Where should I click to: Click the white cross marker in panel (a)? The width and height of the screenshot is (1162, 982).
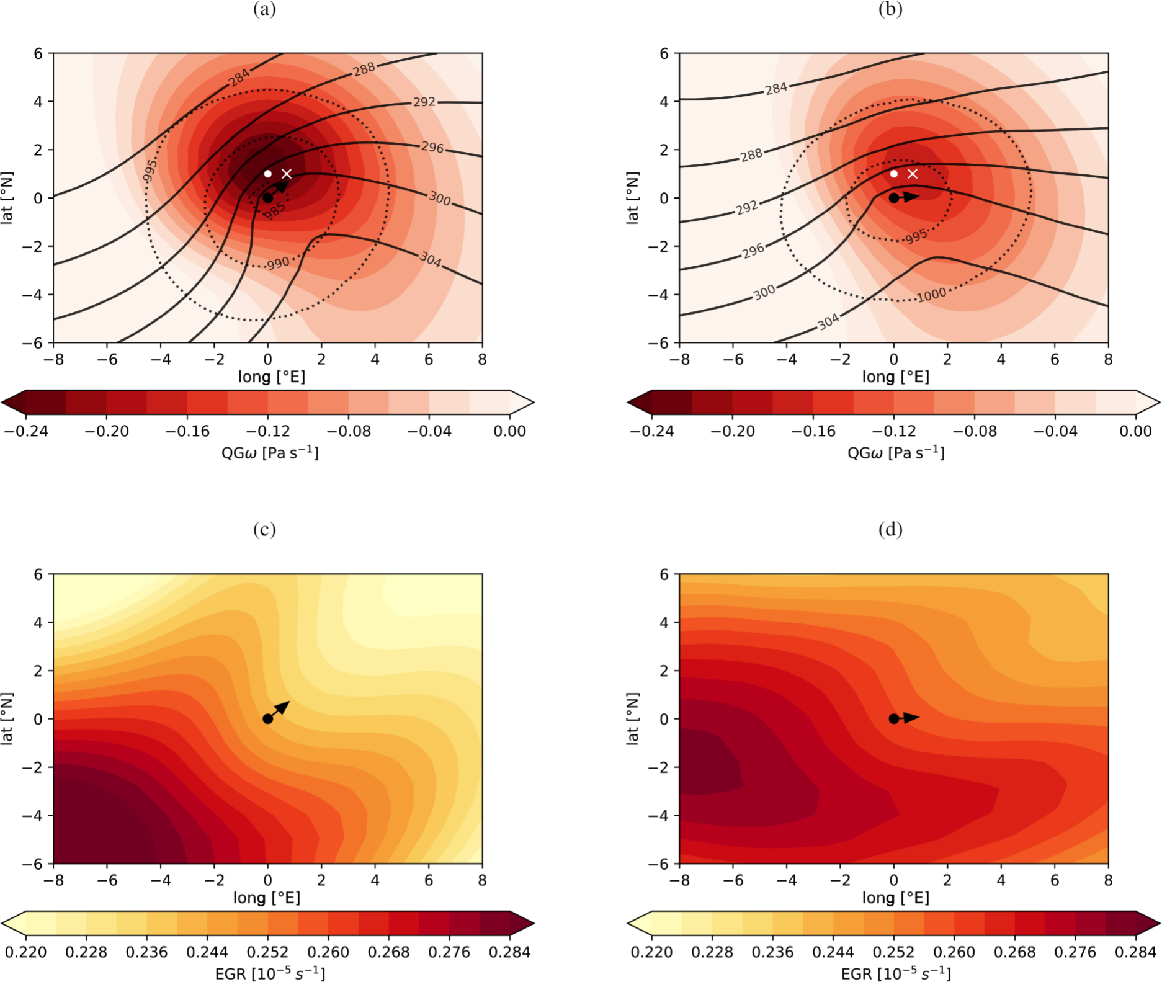click(x=287, y=174)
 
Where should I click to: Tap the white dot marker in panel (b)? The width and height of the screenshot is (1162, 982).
click(x=893, y=174)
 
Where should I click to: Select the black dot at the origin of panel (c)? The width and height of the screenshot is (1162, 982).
click(x=267, y=718)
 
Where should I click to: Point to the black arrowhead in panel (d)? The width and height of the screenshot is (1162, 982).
click(x=911, y=718)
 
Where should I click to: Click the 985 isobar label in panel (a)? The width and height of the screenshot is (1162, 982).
click(x=275, y=211)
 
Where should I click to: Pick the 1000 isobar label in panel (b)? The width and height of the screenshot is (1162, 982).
click(x=932, y=295)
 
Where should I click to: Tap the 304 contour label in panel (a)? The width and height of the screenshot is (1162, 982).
click(x=431, y=259)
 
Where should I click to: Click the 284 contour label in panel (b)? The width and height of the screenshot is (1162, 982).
click(x=776, y=89)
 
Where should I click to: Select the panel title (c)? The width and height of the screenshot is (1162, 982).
click(x=264, y=529)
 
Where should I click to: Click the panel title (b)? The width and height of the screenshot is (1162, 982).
click(x=890, y=9)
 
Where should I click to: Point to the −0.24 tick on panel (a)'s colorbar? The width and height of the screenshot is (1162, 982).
click(x=26, y=431)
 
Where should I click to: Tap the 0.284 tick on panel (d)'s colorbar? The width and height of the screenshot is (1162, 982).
click(x=1136, y=952)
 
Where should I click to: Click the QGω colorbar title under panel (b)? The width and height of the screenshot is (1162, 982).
click(x=896, y=453)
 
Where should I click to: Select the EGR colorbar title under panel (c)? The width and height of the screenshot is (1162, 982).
click(x=270, y=974)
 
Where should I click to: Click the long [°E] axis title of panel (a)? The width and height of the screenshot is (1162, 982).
click(x=271, y=377)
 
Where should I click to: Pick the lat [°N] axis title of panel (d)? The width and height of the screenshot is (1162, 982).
click(x=632, y=718)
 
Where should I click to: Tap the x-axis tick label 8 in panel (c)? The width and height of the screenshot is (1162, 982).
click(x=482, y=880)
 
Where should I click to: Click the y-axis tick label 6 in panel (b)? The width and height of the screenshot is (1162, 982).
click(x=664, y=53)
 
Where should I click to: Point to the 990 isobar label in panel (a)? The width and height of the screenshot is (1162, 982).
click(x=279, y=263)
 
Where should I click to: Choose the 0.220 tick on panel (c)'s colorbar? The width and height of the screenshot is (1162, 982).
click(x=26, y=952)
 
